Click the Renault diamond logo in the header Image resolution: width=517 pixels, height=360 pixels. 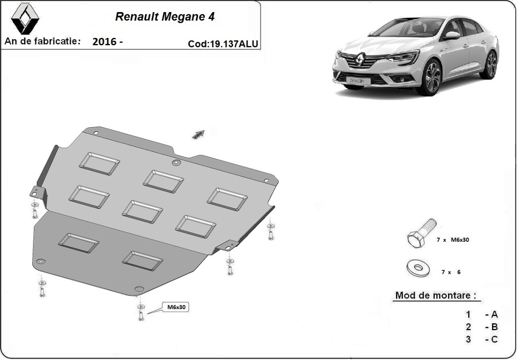pyautogui.click(x=25, y=19)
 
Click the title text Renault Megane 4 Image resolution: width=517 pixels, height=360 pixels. pyautogui.click(x=165, y=17)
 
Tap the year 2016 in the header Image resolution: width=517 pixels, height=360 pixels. pyautogui.click(x=104, y=42)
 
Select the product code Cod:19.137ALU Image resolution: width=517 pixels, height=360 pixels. pyautogui.click(x=223, y=44)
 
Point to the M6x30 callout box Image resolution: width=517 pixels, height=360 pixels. pyautogui.click(x=176, y=307)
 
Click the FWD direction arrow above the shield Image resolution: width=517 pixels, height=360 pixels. pyautogui.click(x=199, y=135)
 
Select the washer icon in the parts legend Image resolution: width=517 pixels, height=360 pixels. pyautogui.click(x=418, y=268)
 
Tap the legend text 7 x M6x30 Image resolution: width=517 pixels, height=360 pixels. pyautogui.click(x=453, y=240)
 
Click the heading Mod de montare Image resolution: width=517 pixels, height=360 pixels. pyautogui.click(x=436, y=295)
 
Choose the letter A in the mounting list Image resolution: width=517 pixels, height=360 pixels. pyautogui.click(x=495, y=314)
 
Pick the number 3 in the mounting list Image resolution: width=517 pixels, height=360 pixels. pyautogui.click(x=468, y=339)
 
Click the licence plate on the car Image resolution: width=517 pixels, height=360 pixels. pyautogui.click(x=358, y=81)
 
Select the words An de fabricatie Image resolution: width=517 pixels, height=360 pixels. pyautogui.click(x=43, y=41)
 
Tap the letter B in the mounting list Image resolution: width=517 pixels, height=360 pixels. pyautogui.click(x=495, y=327)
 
